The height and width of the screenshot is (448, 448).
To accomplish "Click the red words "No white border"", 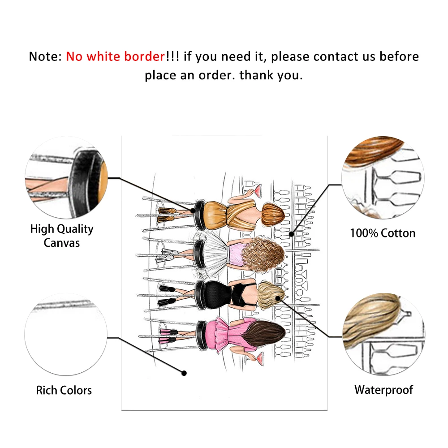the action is (x=116, y=57).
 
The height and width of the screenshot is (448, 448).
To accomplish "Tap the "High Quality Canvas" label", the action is (x=62, y=236).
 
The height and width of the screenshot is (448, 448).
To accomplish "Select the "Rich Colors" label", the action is (x=64, y=390).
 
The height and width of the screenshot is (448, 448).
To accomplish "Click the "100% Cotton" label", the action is (x=383, y=233).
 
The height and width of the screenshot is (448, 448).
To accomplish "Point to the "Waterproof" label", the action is (x=383, y=390).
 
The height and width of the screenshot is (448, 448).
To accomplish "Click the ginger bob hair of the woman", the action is (x=273, y=214).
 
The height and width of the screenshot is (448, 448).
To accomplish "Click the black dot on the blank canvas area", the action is (x=183, y=373).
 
